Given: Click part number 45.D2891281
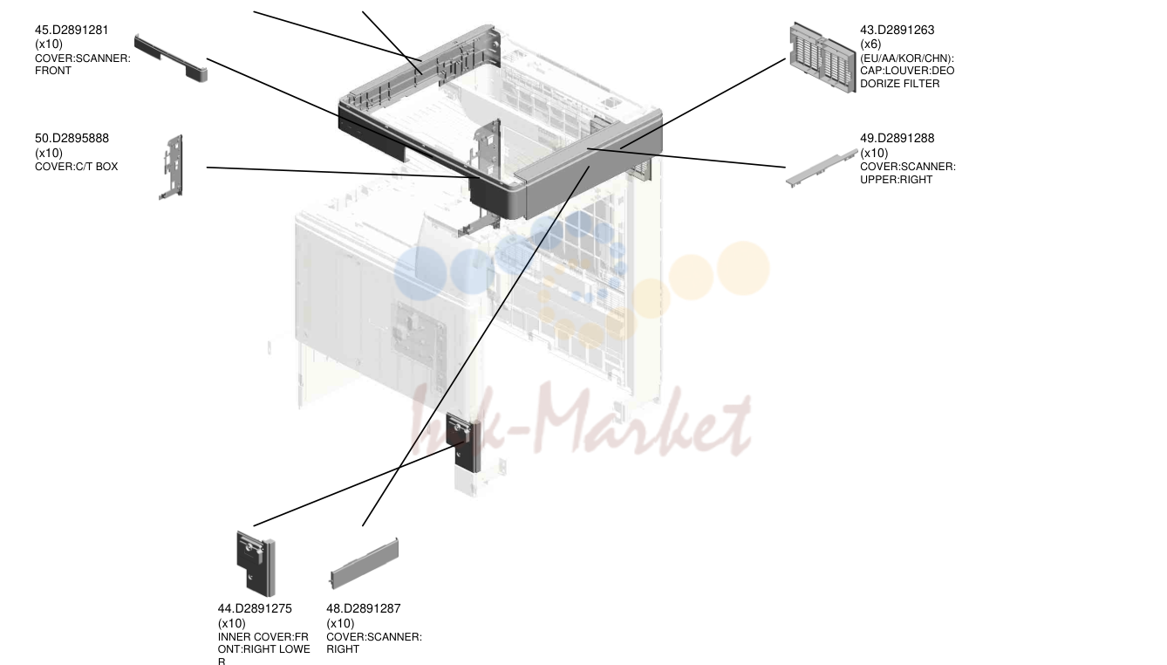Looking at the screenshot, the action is (x=72, y=31).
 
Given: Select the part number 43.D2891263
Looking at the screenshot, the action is (x=897, y=31).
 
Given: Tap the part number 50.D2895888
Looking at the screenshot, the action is (x=72, y=139).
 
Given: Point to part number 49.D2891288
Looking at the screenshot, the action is (x=897, y=139).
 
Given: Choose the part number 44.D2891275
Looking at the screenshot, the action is (x=255, y=609).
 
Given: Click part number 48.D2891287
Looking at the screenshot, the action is (x=364, y=609).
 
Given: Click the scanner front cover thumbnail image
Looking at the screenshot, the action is (x=171, y=58).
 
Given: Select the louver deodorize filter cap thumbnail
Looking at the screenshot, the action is (x=822, y=58).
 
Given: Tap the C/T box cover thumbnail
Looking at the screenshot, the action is (x=172, y=167).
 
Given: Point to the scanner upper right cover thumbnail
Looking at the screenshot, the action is (x=822, y=168).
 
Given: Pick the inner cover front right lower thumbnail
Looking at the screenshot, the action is (x=256, y=564).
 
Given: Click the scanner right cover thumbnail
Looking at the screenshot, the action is (x=365, y=564).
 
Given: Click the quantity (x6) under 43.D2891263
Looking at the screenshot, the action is (x=870, y=45).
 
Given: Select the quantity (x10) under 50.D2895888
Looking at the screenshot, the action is (x=49, y=154).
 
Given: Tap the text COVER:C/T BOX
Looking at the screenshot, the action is (x=77, y=167).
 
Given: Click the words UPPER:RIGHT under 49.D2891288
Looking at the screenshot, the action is (x=890, y=180).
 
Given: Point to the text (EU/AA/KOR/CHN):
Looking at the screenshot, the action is (x=907, y=58).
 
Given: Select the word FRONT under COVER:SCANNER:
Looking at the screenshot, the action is (x=53, y=71).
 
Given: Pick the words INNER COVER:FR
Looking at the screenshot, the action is (x=263, y=637).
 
